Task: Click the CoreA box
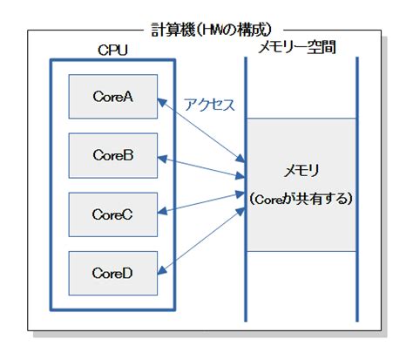coord(113,97)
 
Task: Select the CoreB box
coord(113,155)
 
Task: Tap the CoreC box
coord(113,214)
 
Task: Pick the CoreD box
coord(113,273)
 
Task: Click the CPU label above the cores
coord(112,51)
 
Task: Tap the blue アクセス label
coord(209,105)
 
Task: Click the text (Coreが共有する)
coord(301,200)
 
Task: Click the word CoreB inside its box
coord(113,155)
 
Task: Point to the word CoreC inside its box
coord(113,214)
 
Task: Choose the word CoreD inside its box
coord(113,273)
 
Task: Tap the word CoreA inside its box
coord(113,97)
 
